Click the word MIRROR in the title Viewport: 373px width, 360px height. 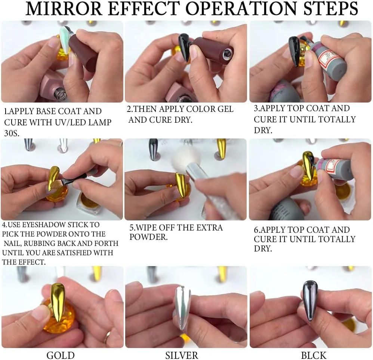[x=64, y=9]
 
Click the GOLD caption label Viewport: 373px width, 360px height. [x=61, y=355]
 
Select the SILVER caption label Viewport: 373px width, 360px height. [x=182, y=355]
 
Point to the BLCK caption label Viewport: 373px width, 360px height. [x=314, y=355]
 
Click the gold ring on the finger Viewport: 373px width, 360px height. [x=107, y=337]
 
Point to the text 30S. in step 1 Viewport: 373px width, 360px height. [x=12, y=133]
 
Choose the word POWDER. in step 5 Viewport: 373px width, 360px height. [x=148, y=237]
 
